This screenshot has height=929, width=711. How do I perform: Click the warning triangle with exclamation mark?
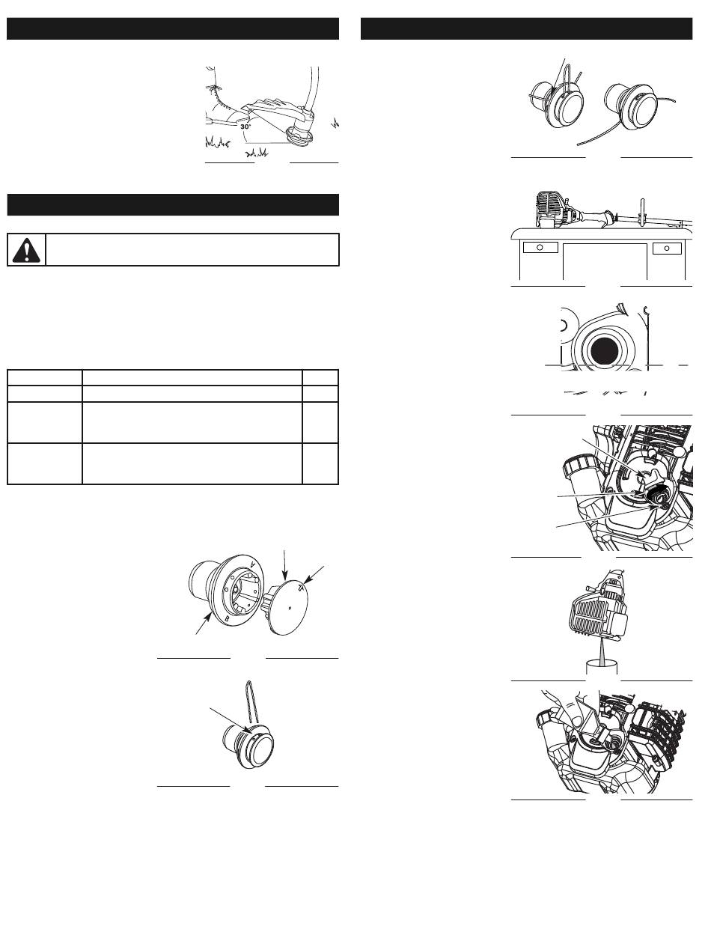point(26,250)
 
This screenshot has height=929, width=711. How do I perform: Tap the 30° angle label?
point(245,127)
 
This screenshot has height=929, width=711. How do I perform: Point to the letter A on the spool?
point(252,564)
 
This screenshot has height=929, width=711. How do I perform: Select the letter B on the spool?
point(228,618)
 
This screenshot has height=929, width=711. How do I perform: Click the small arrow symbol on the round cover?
point(301,587)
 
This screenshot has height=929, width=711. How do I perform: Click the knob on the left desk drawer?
point(540,247)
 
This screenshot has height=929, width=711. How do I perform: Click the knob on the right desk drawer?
point(667,248)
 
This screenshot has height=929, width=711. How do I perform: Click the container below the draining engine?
point(602,667)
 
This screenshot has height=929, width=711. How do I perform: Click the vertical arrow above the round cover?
point(285,565)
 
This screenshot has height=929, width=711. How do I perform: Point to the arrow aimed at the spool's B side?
point(203,624)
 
